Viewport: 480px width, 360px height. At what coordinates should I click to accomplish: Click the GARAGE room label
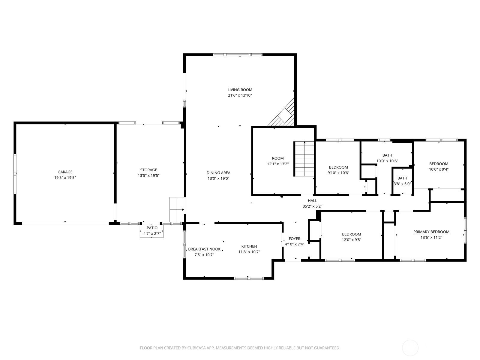pyautogui.click(x=65, y=172)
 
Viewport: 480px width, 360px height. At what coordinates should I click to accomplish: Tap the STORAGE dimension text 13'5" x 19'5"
pyautogui.click(x=148, y=175)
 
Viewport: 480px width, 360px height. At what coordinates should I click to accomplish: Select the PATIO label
pyautogui.click(x=152, y=228)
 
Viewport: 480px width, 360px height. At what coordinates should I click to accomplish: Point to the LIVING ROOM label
pyautogui.click(x=240, y=90)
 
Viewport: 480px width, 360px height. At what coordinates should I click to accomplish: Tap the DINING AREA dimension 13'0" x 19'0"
pyautogui.click(x=218, y=178)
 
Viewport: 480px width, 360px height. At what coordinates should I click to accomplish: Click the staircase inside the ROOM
pyautogui.click(x=304, y=159)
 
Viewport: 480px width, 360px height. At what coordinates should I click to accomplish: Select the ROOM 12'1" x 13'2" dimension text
pyautogui.click(x=277, y=164)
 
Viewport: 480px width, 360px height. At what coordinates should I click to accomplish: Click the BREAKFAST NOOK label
pyautogui.click(x=204, y=249)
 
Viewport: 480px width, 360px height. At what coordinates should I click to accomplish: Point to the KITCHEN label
pyautogui.click(x=249, y=246)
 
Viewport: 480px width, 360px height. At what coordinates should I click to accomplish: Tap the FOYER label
pyautogui.click(x=294, y=238)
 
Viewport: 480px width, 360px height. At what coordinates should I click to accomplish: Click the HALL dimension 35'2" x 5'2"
pyautogui.click(x=312, y=206)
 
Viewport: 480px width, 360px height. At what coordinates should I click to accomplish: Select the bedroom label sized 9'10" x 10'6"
pyautogui.click(x=338, y=167)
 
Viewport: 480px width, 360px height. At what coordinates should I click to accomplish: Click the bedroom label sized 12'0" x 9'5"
pyautogui.click(x=351, y=234)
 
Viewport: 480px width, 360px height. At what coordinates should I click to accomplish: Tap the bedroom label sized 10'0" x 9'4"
pyautogui.click(x=439, y=163)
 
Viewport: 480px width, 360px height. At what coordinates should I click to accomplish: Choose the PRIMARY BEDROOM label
pyautogui.click(x=431, y=232)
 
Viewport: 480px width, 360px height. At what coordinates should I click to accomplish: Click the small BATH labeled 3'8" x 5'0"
pyautogui.click(x=402, y=178)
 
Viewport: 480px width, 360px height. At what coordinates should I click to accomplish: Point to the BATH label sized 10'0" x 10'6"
pyautogui.click(x=387, y=155)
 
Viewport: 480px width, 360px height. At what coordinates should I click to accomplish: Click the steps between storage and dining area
pyautogui.click(x=176, y=209)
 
